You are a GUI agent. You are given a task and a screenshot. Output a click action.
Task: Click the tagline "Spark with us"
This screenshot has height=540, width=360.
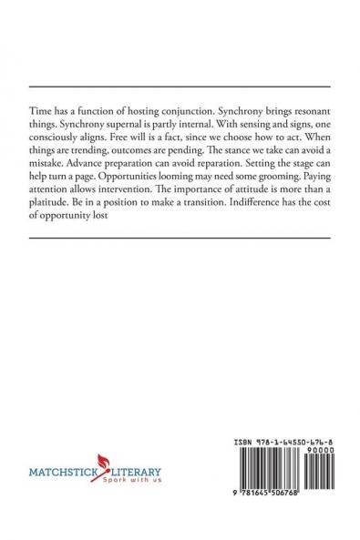click(127, 482)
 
